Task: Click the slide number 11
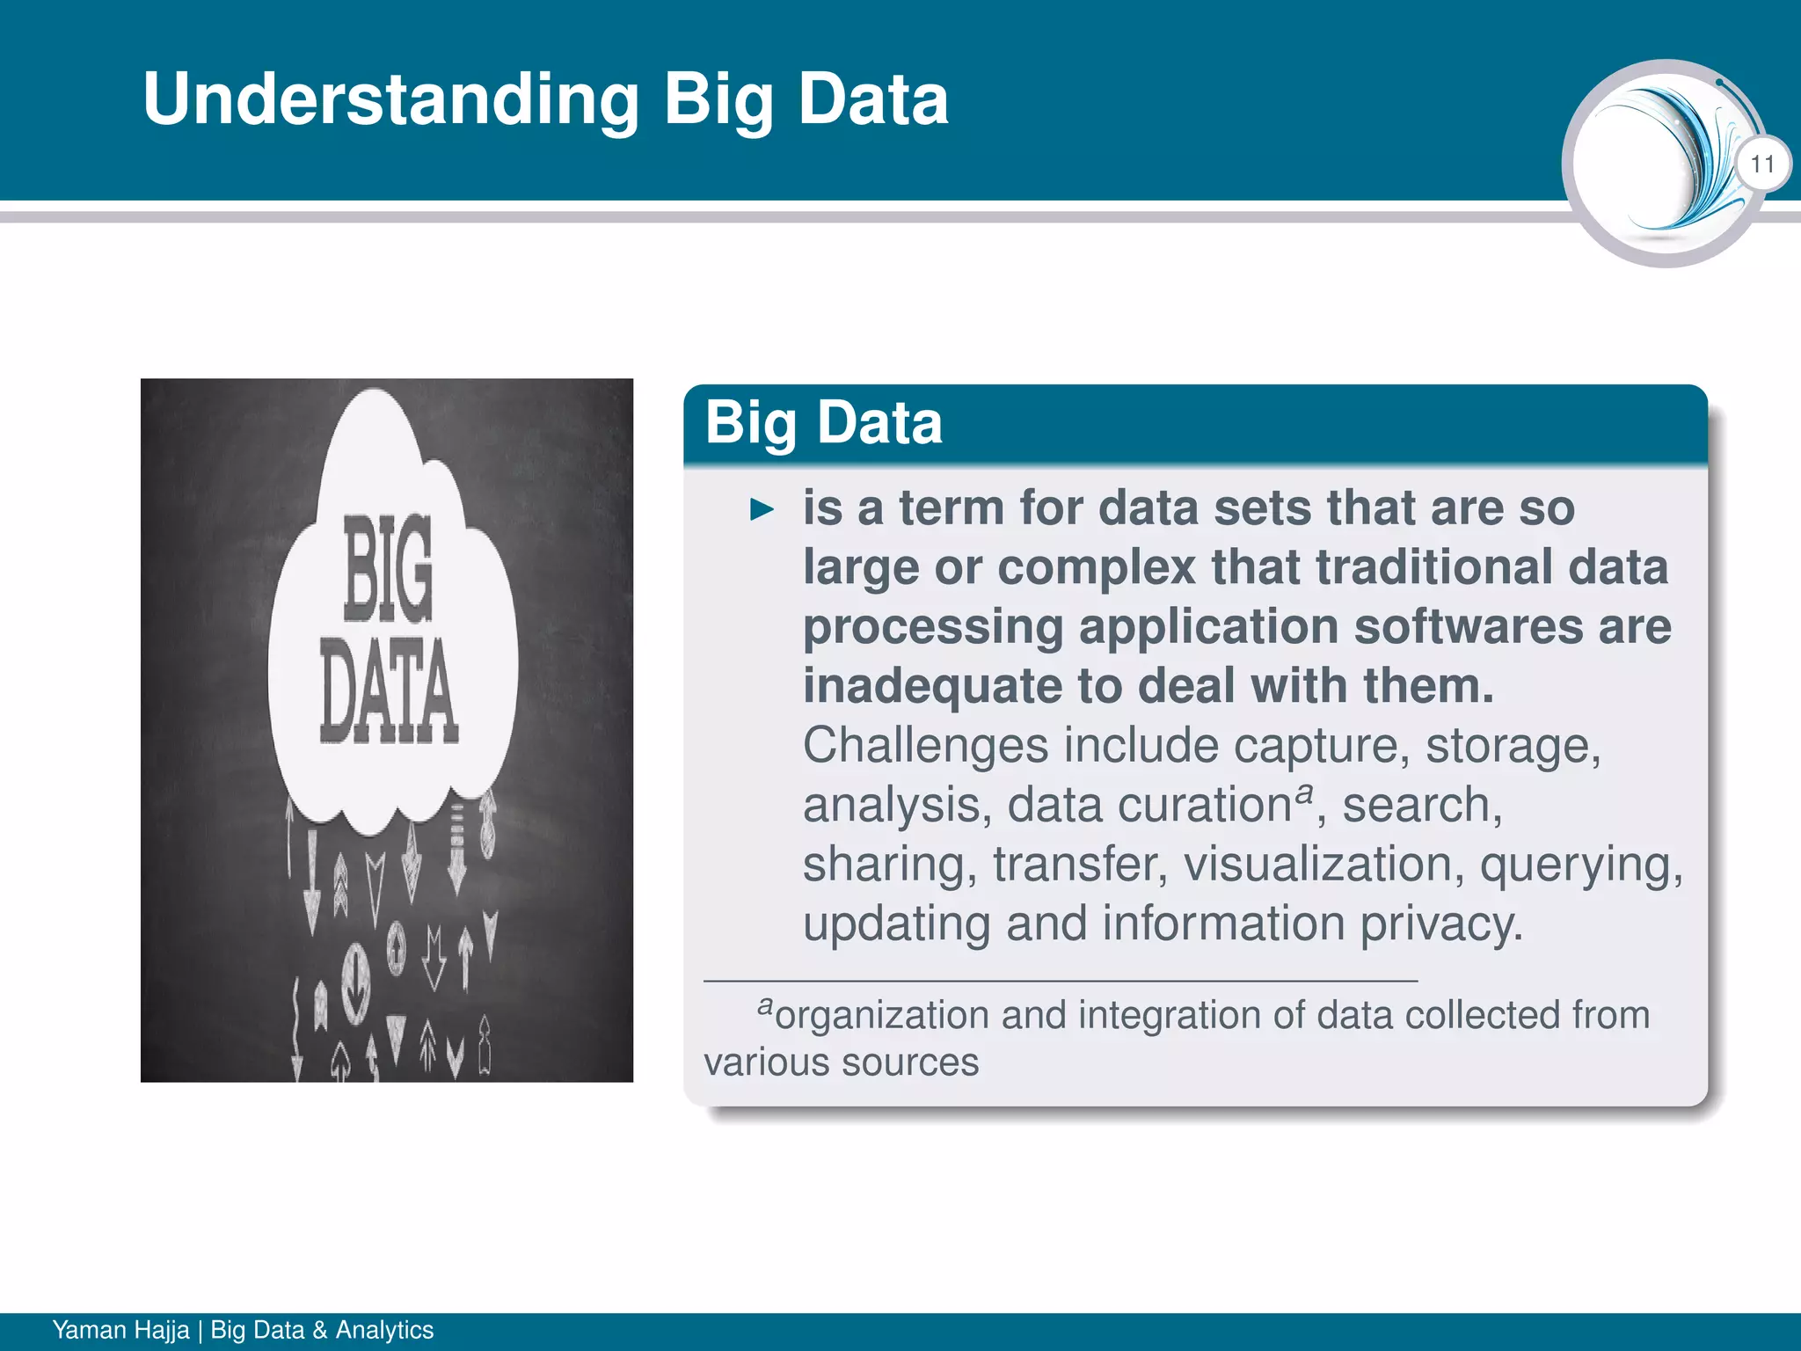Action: pyautogui.click(x=1761, y=164)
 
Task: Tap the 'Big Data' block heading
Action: pyautogui.click(x=823, y=423)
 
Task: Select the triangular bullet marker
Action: pyautogui.click(x=762, y=509)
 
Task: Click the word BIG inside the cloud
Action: pyautogui.click(x=388, y=567)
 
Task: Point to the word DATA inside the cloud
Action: pyautogui.click(x=388, y=690)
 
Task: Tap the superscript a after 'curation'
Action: pyautogui.click(x=1305, y=792)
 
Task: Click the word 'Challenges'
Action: pyautogui.click(x=925, y=746)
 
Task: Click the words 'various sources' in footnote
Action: pyautogui.click(x=841, y=1063)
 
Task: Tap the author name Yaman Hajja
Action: pyautogui.click(x=120, y=1330)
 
